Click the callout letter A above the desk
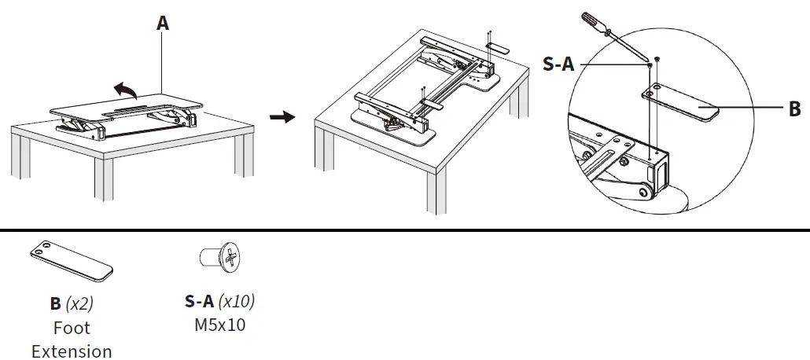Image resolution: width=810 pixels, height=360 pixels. click(163, 23)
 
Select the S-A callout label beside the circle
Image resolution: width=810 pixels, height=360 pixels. click(558, 64)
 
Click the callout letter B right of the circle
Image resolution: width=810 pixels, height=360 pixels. click(794, 109)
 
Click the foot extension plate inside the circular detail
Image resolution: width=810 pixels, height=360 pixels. click(681, 103)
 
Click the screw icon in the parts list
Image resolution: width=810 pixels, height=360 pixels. click(220, 256)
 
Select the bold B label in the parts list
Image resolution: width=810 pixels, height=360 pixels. click(55, 302)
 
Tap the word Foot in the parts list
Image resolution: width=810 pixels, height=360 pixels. click(72, 327)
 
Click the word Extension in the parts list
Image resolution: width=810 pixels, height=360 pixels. click(72, 351)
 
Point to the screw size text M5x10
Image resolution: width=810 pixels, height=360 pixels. click(219, 324)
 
